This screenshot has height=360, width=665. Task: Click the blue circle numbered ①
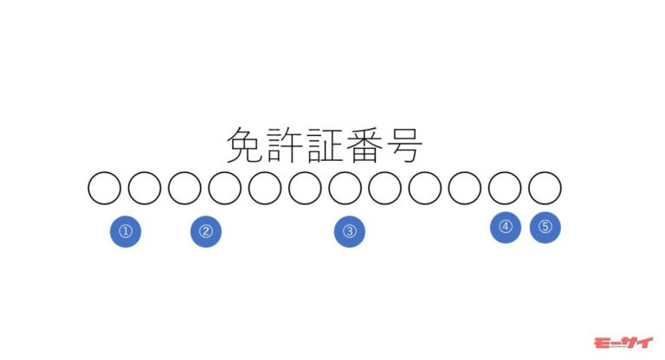coord(126,232)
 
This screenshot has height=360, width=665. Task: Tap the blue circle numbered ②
coord(206,232)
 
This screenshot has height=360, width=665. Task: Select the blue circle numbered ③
coord(350,232)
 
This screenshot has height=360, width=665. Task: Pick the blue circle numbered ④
coord(506,228)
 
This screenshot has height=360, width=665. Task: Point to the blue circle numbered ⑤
coord(546,228)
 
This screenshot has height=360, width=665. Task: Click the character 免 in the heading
coord(246,145)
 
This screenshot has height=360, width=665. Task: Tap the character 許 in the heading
coord(285,145)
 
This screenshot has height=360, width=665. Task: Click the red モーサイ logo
coord(623,343)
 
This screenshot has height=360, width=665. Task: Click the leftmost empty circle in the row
coord(104,189)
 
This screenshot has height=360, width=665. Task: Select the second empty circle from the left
coord(145,189)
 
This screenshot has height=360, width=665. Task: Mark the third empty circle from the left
coord(184,189)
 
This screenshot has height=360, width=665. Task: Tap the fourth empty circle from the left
coord(225,189)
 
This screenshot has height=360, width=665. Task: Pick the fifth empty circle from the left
coord(265,189)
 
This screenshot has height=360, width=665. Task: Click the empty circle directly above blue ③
coord(345,189)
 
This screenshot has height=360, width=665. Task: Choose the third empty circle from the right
coord(465,189)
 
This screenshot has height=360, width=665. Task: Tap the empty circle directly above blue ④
coord(505,189)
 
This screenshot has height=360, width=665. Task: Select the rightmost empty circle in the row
coord(545,189)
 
